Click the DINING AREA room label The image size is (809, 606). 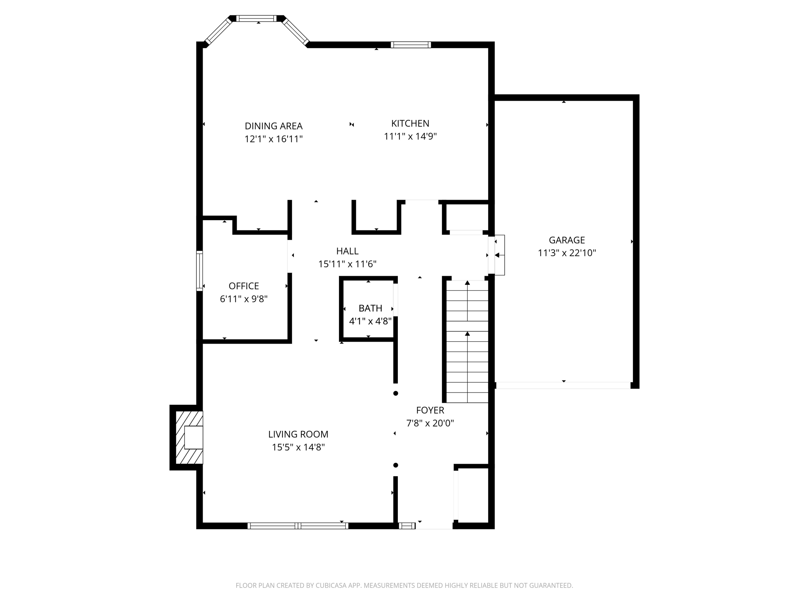coord(273,126)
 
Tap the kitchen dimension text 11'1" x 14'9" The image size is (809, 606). coord(410,137)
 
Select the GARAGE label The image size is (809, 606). coord(566,240)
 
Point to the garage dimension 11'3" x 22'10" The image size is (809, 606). coord(566,253)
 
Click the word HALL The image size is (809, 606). coord(347,251)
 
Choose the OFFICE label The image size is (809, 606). coord(244,286)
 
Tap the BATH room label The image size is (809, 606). coord(370,308)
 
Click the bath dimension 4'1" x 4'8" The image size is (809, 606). coord(370,321)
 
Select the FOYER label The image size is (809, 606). coord(430,410)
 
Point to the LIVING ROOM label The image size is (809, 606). coord(298,434)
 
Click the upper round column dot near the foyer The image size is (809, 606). coord(395,393)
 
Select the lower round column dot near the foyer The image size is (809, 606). coord(395,465)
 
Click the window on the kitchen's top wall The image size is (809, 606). coord(411,45)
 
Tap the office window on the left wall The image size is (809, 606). coord(199,271)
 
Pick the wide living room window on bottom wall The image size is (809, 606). coord(298,526)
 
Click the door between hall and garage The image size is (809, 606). coord(492,255)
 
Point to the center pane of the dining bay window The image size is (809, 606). coord(257,18)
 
